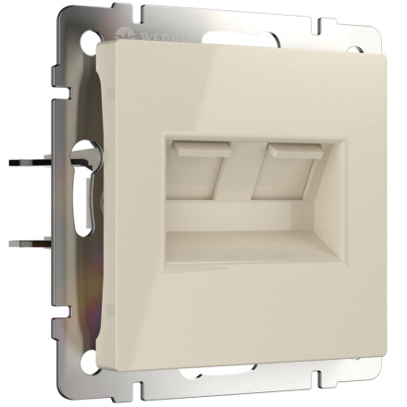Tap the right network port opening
click(x=283, y=174)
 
